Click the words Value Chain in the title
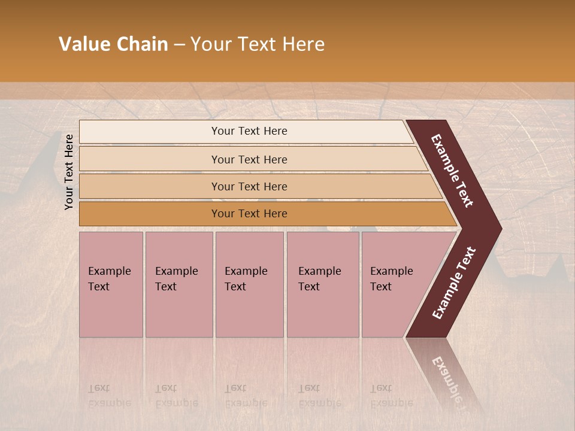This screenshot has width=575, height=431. [x=113, y=44]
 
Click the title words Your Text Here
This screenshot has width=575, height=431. [x=258, y=44]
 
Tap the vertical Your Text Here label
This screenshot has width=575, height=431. [x=69, y=172]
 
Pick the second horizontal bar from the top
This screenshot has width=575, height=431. [x=249, y=159]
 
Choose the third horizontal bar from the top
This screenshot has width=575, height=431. [x=249, y=186]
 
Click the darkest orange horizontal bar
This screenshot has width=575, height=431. [x=249, y=214]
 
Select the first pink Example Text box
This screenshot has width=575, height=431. [x=111, y=284]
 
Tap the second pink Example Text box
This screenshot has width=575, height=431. [x=178, y=284]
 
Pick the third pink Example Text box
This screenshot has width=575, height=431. [x=249, y=284]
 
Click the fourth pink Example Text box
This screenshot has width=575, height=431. [x=322, y=284]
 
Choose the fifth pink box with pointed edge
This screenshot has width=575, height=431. [x=395, y=284]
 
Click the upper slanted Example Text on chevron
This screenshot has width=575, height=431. [x=453, y=171]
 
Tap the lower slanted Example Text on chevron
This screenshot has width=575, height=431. [x=453, y=283]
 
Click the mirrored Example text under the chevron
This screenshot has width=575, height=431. [x=449, y=380]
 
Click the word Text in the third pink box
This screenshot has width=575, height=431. [x=235, y=287]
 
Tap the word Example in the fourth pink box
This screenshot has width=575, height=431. [x=319, y=271]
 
